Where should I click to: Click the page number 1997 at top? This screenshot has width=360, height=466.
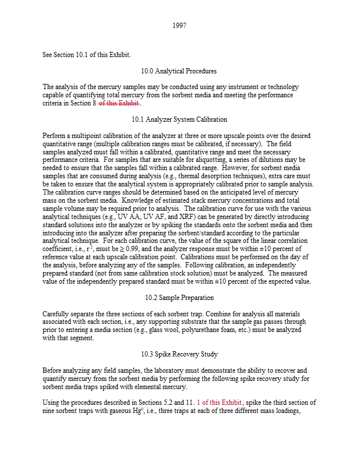(x=179, y=26)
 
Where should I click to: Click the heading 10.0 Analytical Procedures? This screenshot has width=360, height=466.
(x=179, y=71)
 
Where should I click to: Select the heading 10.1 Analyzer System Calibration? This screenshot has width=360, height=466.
(x=179, y=119)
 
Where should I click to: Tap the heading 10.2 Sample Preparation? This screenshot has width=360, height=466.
(x=179, y=297)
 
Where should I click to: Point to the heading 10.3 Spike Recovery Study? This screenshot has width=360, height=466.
(x=179, y=354)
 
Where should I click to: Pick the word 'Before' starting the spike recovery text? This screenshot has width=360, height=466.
(x=52, y=370)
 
